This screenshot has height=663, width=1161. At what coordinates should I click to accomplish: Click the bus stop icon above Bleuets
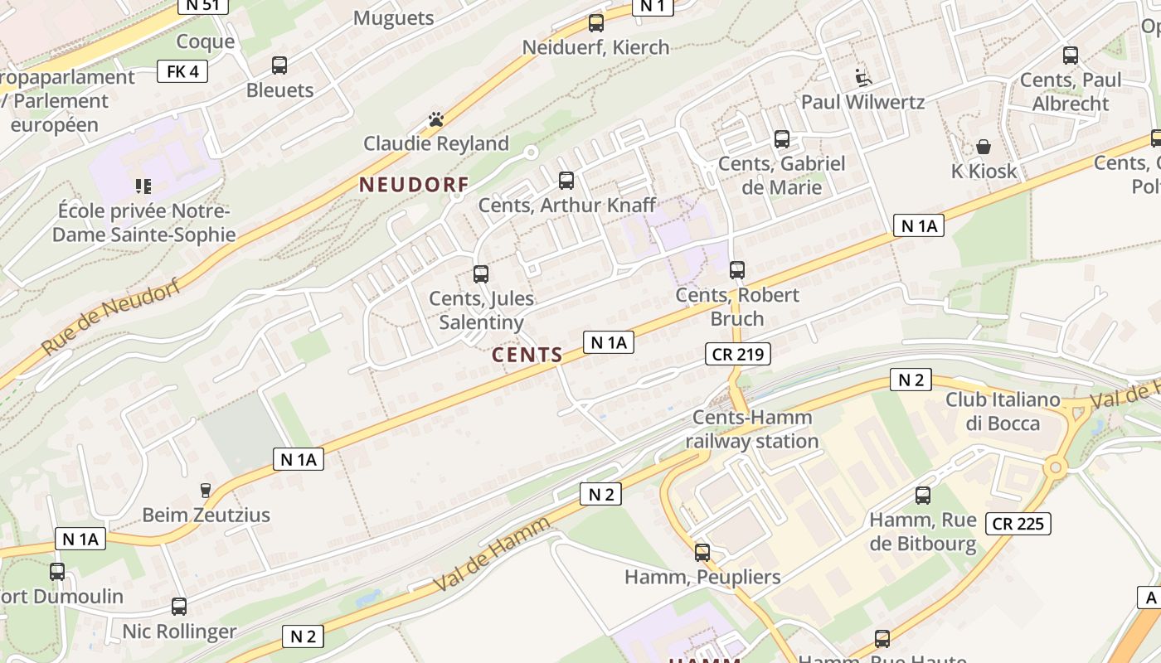coord(279,65)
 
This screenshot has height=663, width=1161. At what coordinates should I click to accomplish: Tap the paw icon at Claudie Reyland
coord(436,119)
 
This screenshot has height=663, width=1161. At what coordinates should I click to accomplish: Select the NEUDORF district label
coord(414,185)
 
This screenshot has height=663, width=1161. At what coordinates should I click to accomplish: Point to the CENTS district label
coord(527,356)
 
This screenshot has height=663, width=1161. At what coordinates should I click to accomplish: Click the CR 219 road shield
coord(737,355)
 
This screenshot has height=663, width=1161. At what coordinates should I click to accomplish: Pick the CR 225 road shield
coord(1018,524)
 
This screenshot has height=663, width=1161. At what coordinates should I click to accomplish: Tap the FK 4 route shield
coord(182,71)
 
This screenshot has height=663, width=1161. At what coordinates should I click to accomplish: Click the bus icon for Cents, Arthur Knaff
coord(566,180)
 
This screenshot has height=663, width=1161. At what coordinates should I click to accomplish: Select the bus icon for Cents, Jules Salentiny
coord(481,273)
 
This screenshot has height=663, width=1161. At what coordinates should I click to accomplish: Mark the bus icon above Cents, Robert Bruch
coord(737,269)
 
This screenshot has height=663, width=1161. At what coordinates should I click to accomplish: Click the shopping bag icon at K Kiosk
coord(984,147)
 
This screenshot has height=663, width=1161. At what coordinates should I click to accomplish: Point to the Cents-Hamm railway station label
coord(751,429)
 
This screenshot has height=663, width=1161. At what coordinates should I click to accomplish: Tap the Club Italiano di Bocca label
coord(1003,411)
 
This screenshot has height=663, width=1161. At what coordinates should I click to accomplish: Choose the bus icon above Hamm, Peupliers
coord(702,552)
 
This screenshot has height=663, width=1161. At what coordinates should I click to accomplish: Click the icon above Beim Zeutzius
coord(206,491)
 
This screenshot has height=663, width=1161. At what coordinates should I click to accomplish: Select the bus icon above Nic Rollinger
coord(179,607)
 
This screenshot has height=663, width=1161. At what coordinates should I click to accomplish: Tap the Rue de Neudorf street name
coord(110,317)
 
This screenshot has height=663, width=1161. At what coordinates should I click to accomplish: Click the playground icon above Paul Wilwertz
coord(863,78)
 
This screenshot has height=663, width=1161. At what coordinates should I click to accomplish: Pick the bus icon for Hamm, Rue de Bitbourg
coord(923,496)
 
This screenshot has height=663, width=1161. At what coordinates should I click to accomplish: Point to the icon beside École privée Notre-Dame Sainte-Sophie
coord(143,186)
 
